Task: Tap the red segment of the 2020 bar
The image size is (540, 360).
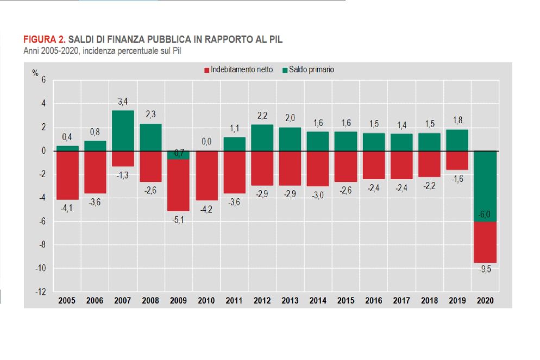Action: (485, 242)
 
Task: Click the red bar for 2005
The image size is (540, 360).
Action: (67, 175)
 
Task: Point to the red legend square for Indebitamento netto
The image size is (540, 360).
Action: (206, 70)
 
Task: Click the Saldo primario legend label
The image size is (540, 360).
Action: (311, 70)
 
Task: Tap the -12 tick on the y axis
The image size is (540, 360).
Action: (40, 292)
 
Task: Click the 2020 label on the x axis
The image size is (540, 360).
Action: (485, 300)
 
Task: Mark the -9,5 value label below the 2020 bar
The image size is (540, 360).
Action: (485, 271)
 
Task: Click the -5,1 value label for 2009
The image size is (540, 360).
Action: (178, 219)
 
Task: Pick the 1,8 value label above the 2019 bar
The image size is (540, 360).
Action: (457, 121)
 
